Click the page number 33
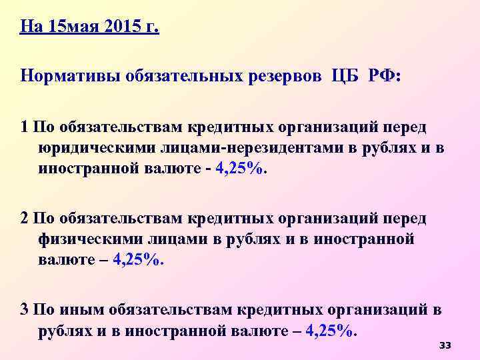(445, 345)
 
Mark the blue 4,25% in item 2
(138, 261)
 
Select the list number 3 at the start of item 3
(25, 310)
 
